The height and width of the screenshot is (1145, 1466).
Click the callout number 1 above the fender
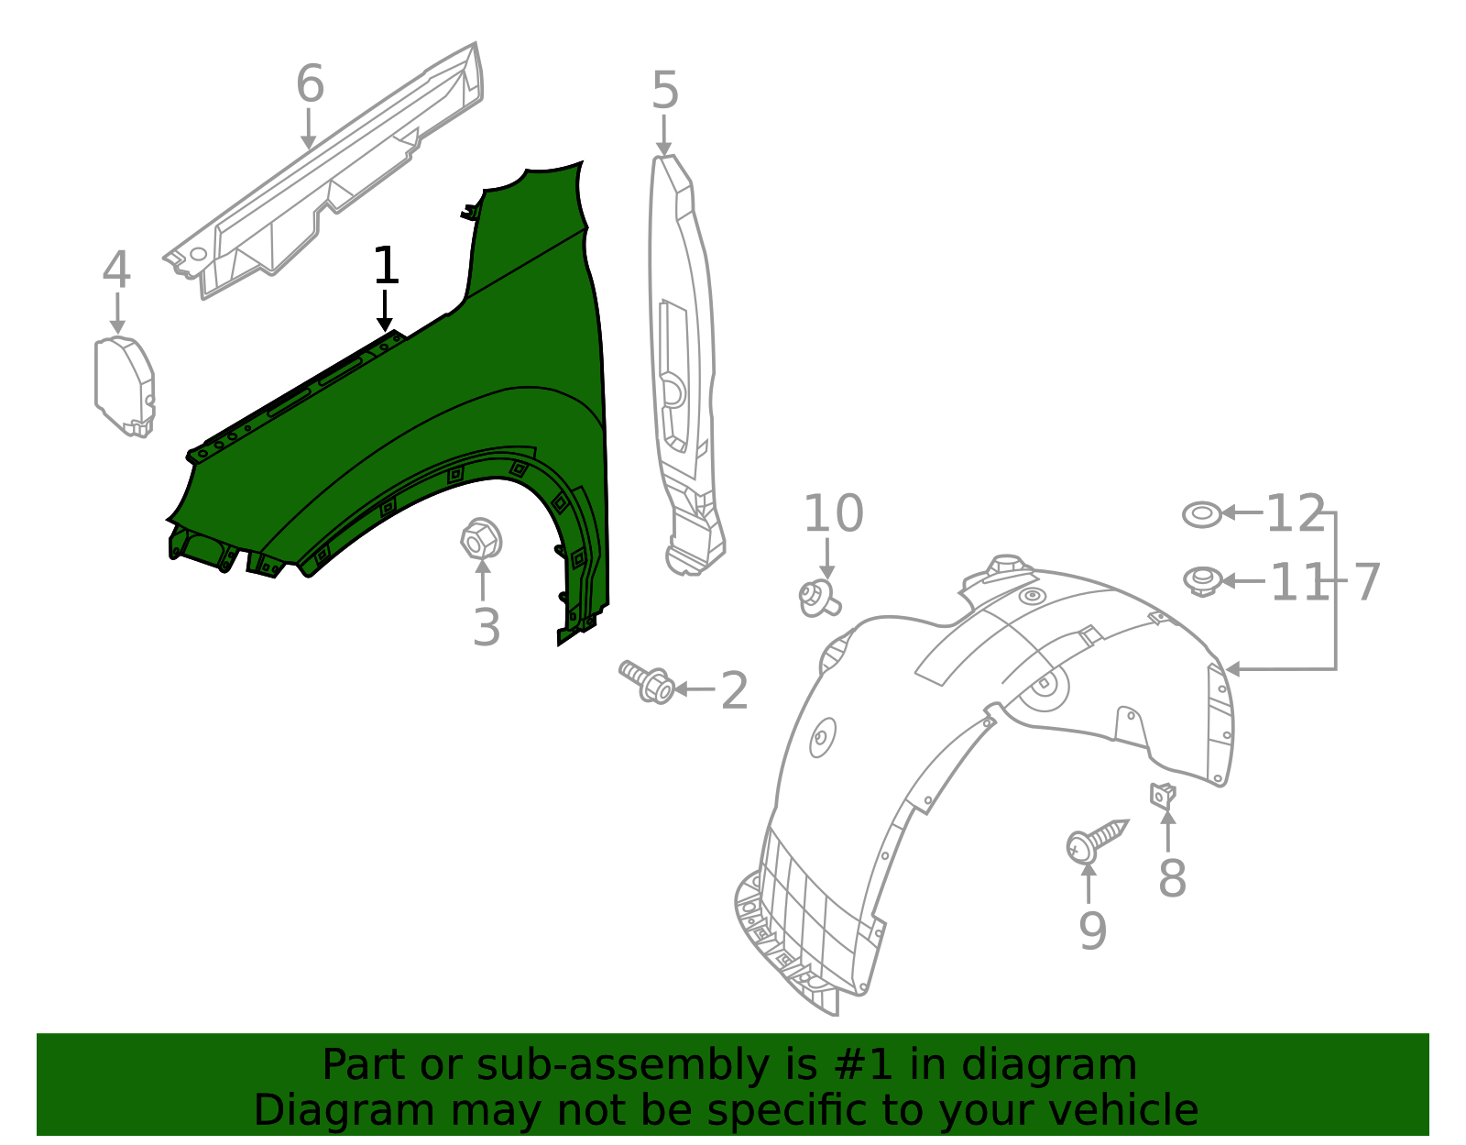click(x=386, y=267)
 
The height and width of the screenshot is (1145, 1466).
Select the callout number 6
click(x=310, y=84)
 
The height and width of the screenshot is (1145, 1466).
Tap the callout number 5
click(x=665, y=92)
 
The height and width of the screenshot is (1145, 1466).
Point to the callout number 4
click(x=116, y=270)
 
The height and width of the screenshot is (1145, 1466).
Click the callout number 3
click(x=487, y=628)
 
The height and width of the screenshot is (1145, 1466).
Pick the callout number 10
click(x=833, y=513)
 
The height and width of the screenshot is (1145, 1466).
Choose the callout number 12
click(x=1296, y=514)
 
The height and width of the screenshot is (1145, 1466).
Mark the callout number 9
click(x=1092, y=930)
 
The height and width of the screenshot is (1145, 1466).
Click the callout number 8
click(x=1172, y=878)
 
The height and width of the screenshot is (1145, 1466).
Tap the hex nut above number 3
click(x=481, y=538)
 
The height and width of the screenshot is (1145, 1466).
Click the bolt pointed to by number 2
click(x=647, y=682)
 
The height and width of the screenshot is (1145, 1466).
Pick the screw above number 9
click(x=1095, y=839)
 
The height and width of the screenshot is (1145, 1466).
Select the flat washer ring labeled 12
click(x=1202, y=514)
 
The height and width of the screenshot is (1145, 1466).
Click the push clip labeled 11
click(x=1202, y=580)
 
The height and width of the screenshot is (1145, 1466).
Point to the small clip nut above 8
click(x=1163, y=794)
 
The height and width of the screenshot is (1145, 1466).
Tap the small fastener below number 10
click(x=818, y=599)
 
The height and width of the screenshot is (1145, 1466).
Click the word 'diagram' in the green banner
click(x=1067, y=1065)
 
